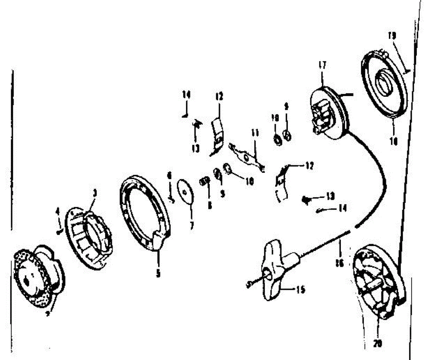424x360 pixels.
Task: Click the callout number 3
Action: point(94,193)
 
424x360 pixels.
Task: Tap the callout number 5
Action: point(158,273)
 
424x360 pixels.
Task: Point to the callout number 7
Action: point(192,225)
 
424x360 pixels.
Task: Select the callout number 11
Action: point(255,133)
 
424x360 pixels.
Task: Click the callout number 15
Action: point(301,290)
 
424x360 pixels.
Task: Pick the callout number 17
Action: point(322,65)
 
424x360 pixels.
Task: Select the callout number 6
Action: point(169,175)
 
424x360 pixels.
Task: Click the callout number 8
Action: point(210,205)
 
